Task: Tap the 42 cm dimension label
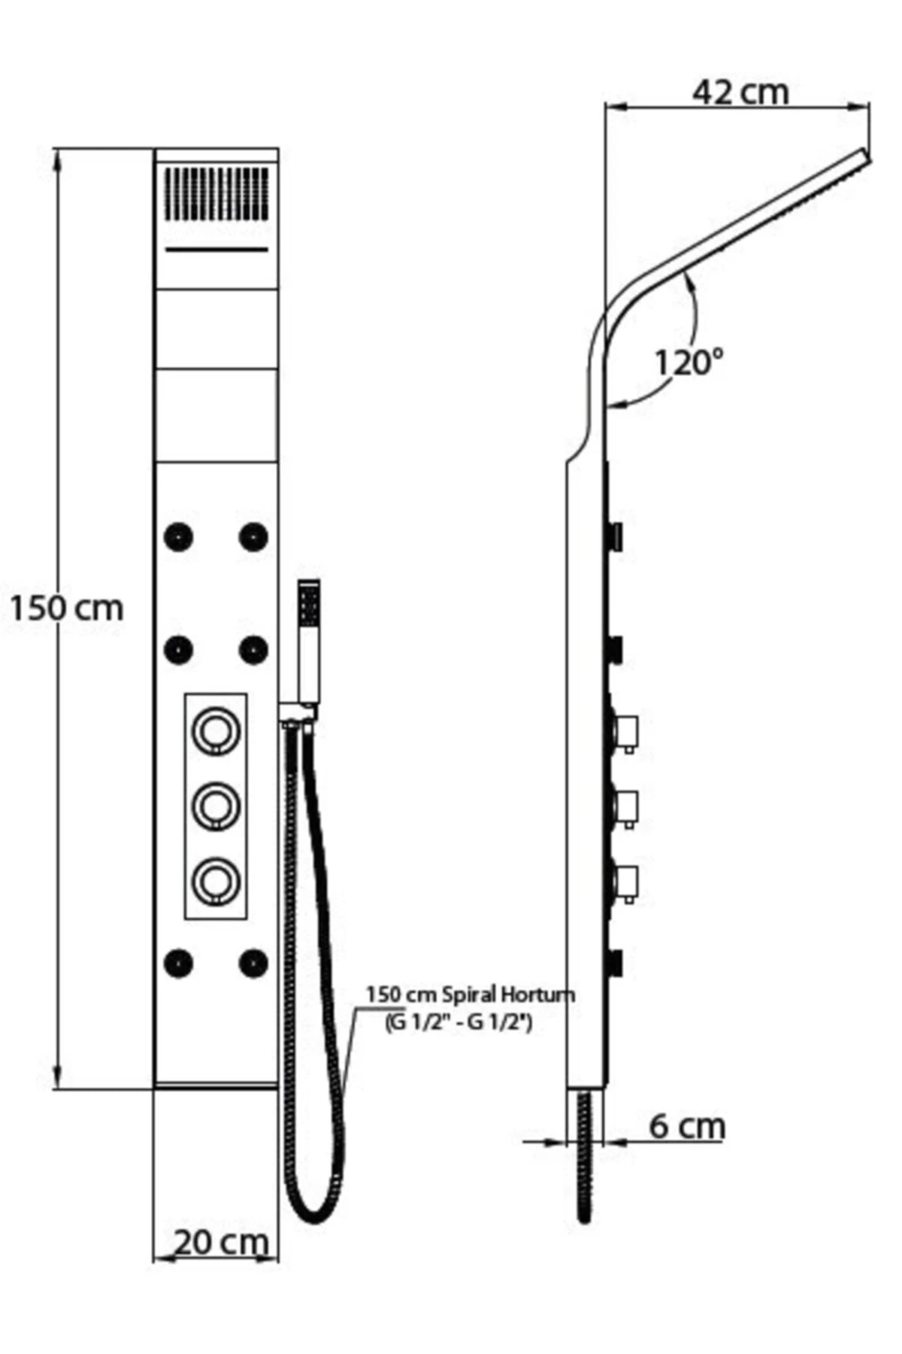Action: (x=740, y=93)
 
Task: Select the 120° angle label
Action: (x=688, y=363)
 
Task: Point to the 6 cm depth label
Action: (x=687, y=1126)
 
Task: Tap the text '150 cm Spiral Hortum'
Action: (x=470, y=994)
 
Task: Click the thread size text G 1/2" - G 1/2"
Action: (x=459, y=1022)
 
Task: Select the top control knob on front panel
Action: (x=216, y=730)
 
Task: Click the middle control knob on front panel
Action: (x=216, y=805)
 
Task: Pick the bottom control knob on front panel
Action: (x=216, y=880)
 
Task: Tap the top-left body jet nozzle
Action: (x=178, y=537)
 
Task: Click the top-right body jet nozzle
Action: (x=253, y=537)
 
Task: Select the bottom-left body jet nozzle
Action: (x=178, y=963)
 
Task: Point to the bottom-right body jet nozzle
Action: (x=253, y=963)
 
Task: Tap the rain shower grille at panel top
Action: (x=216, y=193)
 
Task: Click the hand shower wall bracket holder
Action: (x=298, y=712)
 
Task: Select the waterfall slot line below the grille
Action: (x=216, y=249)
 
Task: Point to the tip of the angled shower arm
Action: (x=863, y=156)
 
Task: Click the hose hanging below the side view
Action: (x=586, y=1158)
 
